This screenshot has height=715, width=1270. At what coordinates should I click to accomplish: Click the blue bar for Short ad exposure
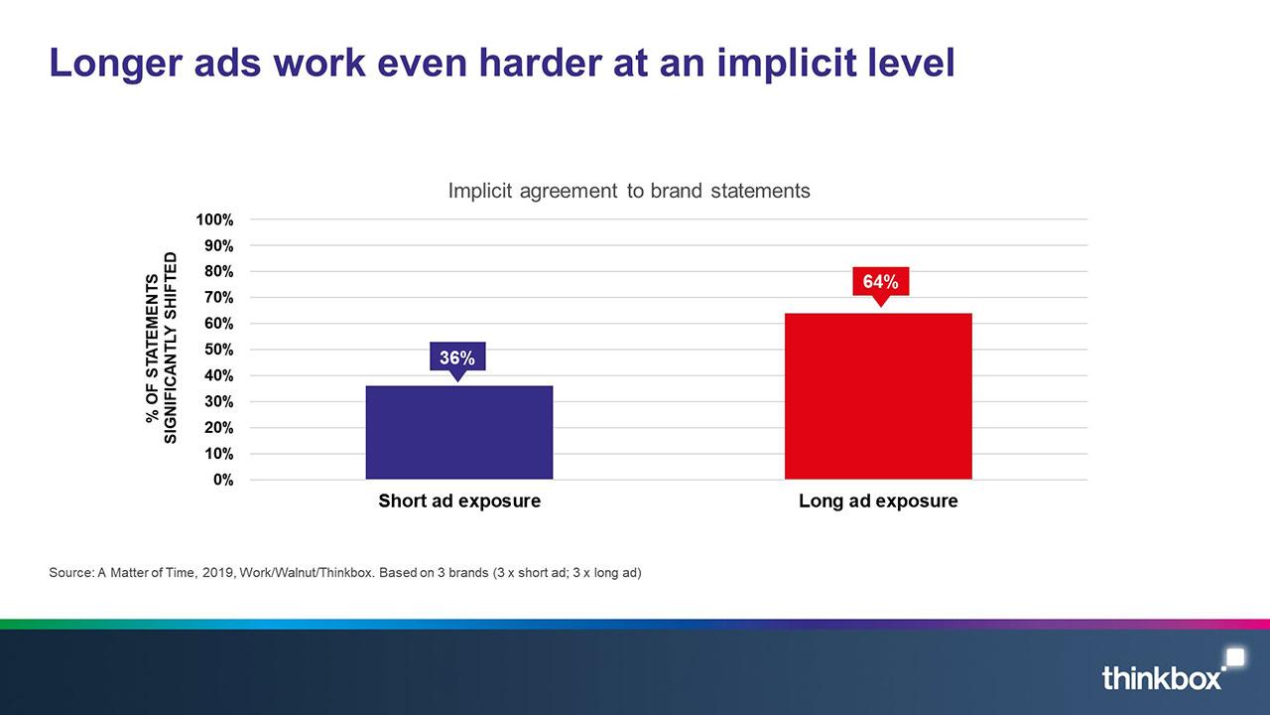pos(459,432)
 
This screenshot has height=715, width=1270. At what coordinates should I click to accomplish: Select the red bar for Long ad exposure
pos(878,396)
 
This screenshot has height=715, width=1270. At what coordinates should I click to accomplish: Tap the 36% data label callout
pos(457,357)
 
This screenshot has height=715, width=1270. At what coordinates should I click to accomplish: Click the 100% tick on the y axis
pos(214,219)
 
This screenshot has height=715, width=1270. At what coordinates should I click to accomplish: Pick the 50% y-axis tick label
pos(219,350)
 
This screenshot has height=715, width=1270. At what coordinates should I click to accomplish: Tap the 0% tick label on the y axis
pos(223,480)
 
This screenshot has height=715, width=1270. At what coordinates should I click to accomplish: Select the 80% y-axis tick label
pos(219,272)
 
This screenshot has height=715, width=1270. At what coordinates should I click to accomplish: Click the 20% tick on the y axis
pos(219,428)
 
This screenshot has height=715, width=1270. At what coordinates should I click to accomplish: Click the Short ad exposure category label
pos(459,501)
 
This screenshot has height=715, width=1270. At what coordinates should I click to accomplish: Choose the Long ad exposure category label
pos(878,501)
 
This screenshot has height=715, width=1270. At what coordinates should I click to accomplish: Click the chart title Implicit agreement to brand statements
pos(629,192)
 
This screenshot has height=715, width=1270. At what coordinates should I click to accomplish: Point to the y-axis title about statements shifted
pos(162,348)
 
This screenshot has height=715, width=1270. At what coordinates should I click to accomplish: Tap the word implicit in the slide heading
pos(787,64)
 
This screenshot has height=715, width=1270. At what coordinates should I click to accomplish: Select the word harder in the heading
pos(540,63)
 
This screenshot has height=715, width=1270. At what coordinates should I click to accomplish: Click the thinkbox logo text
pos(1161,678)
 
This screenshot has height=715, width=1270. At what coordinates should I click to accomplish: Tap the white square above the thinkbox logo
pos(1236,657)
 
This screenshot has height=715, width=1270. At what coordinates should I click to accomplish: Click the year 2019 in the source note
pos(217,573)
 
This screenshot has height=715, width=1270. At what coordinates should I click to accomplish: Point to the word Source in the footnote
pos(70,573)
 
